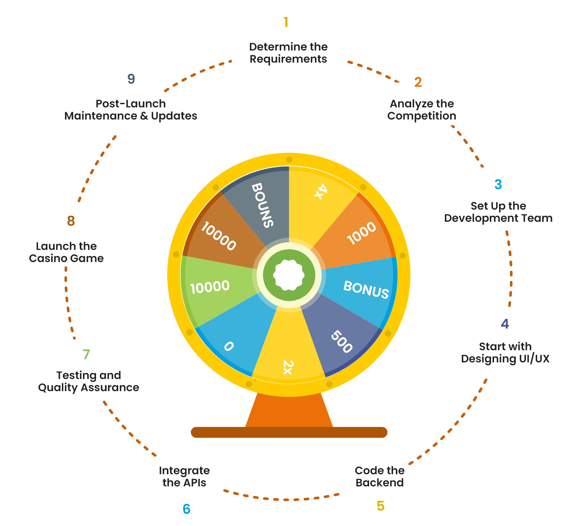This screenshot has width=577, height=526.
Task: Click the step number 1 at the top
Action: click(286, 22)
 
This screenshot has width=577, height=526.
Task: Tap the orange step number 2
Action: click(418, 82)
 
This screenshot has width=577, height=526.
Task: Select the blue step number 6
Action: click(186, 509)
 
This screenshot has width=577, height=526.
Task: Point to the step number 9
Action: click(131, 79)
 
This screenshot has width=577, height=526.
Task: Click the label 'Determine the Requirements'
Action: click(288, 53)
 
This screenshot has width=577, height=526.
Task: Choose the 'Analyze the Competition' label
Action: click(422, 110)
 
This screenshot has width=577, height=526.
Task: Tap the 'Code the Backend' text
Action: click(379, 476)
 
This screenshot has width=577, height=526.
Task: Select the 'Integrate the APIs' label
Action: click(184, 476)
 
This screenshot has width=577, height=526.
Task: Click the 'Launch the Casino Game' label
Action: click(66, 252)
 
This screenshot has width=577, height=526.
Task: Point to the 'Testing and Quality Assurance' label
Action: click(89, 381)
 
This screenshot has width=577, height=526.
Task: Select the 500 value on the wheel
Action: click(342, 342)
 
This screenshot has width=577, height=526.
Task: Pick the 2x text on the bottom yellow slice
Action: click(288, 367)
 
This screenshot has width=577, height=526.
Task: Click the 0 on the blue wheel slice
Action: click(229, 346)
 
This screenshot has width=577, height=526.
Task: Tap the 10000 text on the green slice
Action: click(210, 287)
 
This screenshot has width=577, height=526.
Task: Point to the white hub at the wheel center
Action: click(289, 275)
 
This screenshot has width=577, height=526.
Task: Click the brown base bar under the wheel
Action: click(289, 432)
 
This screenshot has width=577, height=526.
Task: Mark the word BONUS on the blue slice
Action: click(366, 290)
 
